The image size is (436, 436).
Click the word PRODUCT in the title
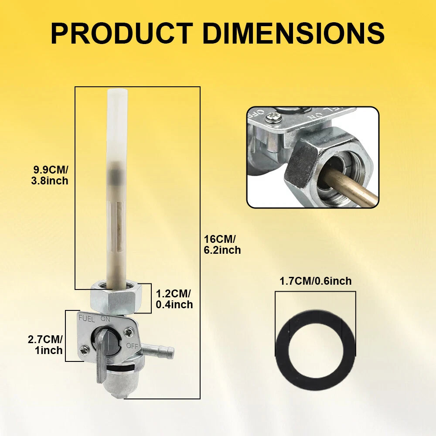point(122,34)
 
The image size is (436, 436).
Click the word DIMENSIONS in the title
point(293,34)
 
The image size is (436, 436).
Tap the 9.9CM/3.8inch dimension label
point(50,175)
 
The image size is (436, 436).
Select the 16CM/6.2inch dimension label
point(222,245)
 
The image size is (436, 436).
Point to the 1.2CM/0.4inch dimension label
point(174,299)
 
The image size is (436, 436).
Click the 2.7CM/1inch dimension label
point(45,345)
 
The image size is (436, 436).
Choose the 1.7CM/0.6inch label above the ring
point(316,281)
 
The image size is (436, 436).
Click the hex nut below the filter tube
point(116,297)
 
